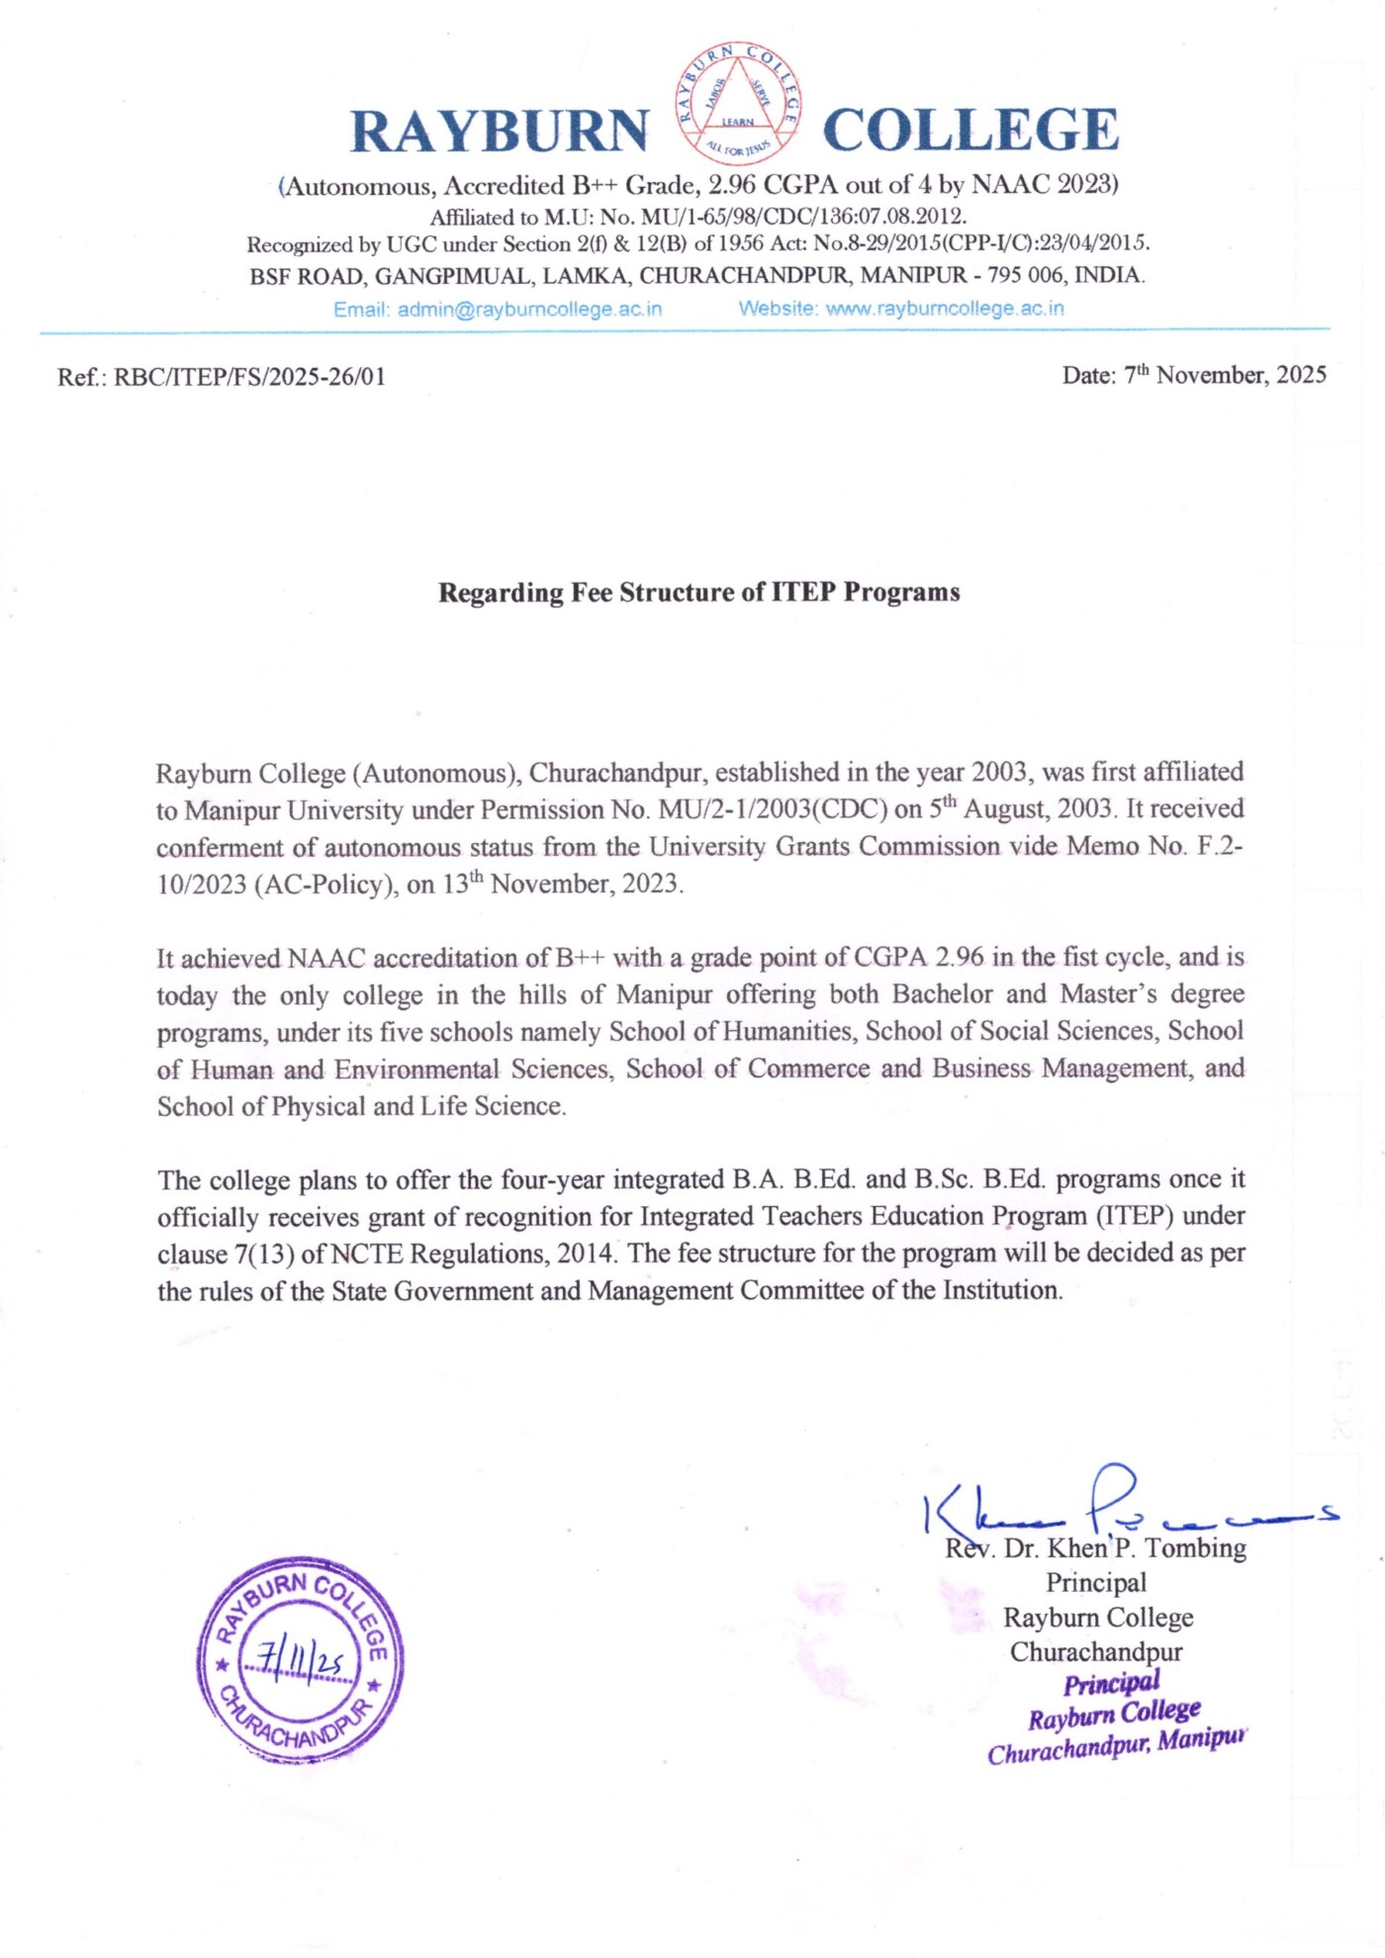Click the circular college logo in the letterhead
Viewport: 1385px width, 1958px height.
pos(739,104)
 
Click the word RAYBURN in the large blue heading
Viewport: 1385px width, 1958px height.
pos(500,131)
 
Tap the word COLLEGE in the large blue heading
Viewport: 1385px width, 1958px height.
pos(970,130)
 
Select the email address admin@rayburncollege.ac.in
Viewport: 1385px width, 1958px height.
pos(529,310)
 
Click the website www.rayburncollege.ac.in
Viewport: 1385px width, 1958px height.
pos(945,309)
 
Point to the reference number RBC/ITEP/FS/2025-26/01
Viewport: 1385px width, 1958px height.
pos(249,377)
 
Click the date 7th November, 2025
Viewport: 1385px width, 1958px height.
pos(1226,375)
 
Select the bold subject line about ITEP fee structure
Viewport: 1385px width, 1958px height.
pos(699,593)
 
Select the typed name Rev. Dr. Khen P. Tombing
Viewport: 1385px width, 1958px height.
pos(1096,1548)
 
